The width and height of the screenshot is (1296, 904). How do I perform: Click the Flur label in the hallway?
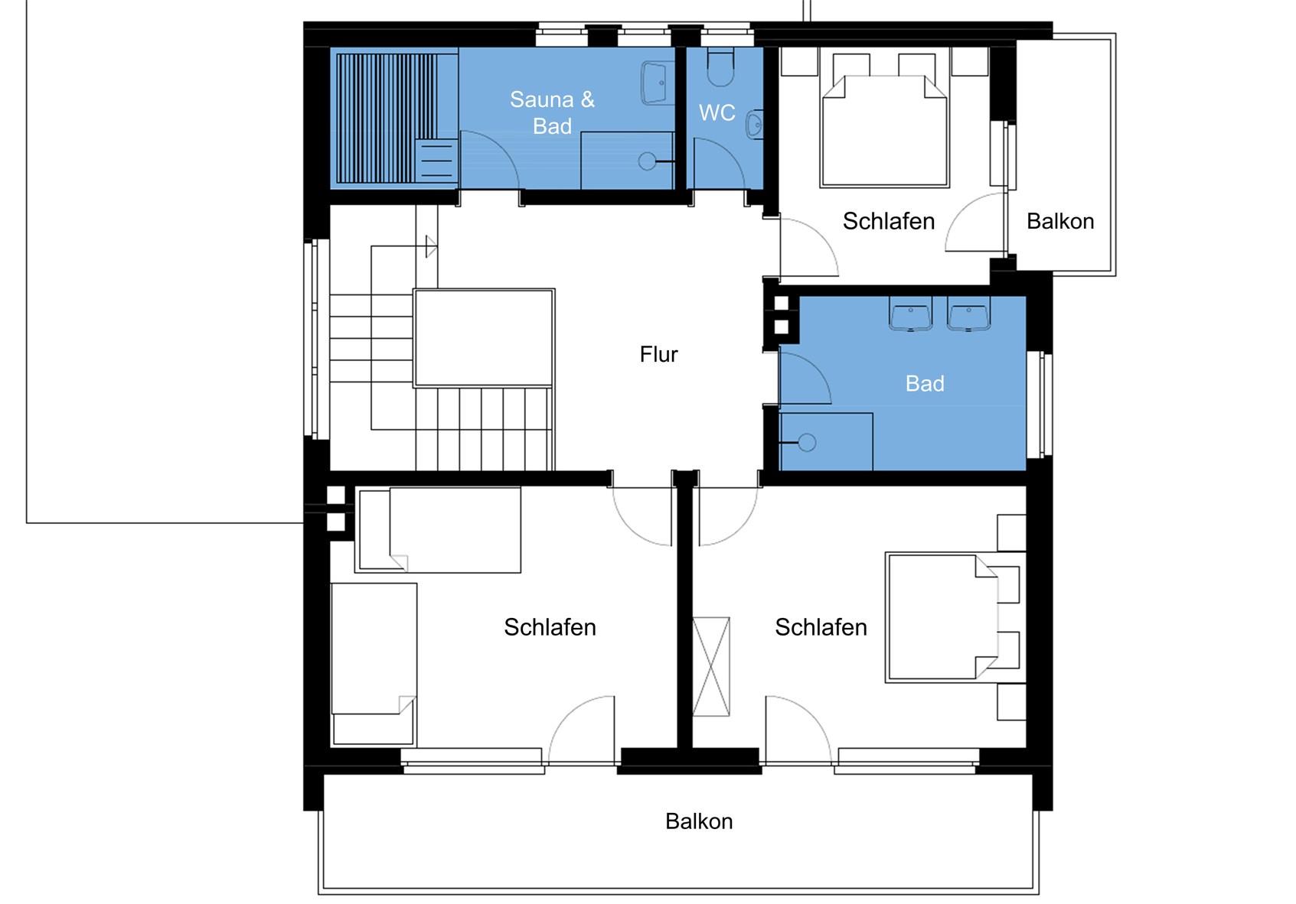coord(658,354)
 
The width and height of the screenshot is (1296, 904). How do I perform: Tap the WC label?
coord(717,112)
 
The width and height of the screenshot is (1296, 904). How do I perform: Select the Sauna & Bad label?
coord(552,112)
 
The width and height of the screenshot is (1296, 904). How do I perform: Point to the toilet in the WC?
coord(720,67)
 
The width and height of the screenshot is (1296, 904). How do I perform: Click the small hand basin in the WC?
coord(754,124)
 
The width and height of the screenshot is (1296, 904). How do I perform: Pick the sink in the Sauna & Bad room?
coord(658,83)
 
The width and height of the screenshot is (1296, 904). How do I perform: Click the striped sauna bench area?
coord(387,119)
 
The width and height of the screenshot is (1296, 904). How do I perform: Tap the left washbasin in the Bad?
coord(911,314)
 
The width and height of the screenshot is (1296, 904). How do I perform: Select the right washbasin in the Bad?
coord(968,314)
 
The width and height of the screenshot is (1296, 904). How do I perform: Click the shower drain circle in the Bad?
coord(807,443)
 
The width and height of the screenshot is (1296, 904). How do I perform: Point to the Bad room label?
coord(925,384)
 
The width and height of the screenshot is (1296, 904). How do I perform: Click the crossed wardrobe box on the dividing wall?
coord(711,666)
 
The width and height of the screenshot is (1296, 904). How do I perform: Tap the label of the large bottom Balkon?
coord(699,821)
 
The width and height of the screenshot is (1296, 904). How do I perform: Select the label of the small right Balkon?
coord(1060,221)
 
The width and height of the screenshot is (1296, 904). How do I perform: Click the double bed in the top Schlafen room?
coord(885,131)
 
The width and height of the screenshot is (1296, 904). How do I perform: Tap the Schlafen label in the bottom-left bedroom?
coord(550,627)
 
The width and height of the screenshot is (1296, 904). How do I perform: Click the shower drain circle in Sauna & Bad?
coord(648,161)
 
